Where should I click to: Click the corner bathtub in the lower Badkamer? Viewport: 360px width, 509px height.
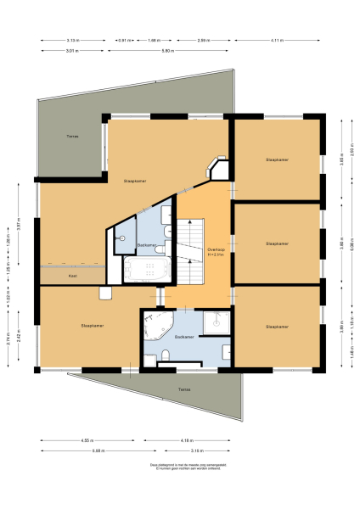[x=157, y=326]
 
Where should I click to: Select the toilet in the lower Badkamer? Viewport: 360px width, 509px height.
[x=165, y=359]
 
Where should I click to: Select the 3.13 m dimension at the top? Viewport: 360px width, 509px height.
[x=73, y=41]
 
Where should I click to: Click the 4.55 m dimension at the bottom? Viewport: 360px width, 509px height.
[x=88, y=440]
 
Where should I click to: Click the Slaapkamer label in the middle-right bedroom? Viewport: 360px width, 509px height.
[x=277, y=243]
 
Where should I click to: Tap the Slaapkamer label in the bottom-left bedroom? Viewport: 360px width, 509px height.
[x=93, y=325]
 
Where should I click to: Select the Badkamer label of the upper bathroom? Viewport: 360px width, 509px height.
[x=146, y=244]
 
